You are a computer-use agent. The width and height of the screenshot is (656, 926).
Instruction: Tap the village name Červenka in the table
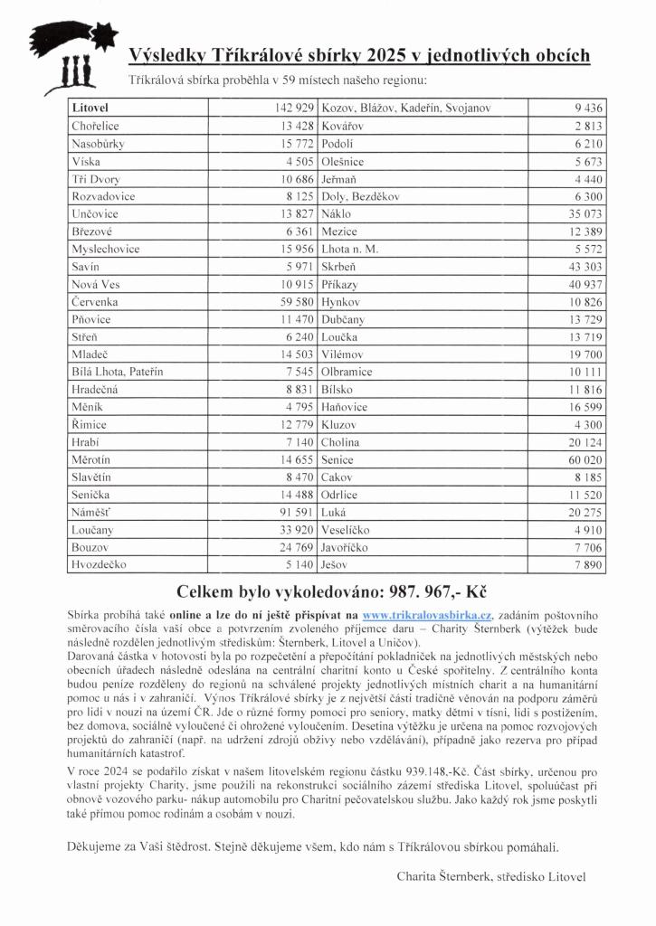pyautogui.click(x=95, y=302)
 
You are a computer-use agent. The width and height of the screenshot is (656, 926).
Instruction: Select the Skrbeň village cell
pyautogui.click(x=340, y=267)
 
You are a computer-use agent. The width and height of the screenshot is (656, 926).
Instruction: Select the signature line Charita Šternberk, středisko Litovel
pyautogui.click(x=491, y=876)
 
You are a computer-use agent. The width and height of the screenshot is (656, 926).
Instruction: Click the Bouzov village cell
pyautogui.click(x=90, y=548)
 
